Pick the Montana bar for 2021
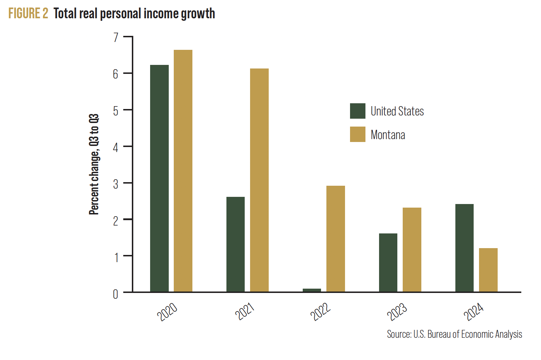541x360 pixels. (x=259, y=180)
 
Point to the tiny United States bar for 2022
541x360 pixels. (x=312, y=290)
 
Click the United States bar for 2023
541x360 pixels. (x=388, y=262)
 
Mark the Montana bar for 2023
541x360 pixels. (x=412, y=250)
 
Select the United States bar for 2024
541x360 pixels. (x=464, y=248)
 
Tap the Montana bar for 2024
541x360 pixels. (x=488, y=270)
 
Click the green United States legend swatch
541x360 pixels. (x=358, y=111)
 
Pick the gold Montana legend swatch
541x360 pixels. (x=358, y=134)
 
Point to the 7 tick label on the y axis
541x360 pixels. (x=116, y=37)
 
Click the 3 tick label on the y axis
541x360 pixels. (x=116, y=184)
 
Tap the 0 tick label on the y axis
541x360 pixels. (x=115, y=294)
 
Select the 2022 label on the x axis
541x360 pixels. (x=320, y=311)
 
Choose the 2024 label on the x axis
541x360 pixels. (x=473, y=311)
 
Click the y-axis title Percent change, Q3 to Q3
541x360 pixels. (x=94, y=164)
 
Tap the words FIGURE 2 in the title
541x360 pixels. (x=28, y=14)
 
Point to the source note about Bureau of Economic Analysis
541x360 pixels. (x=454, y=334)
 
